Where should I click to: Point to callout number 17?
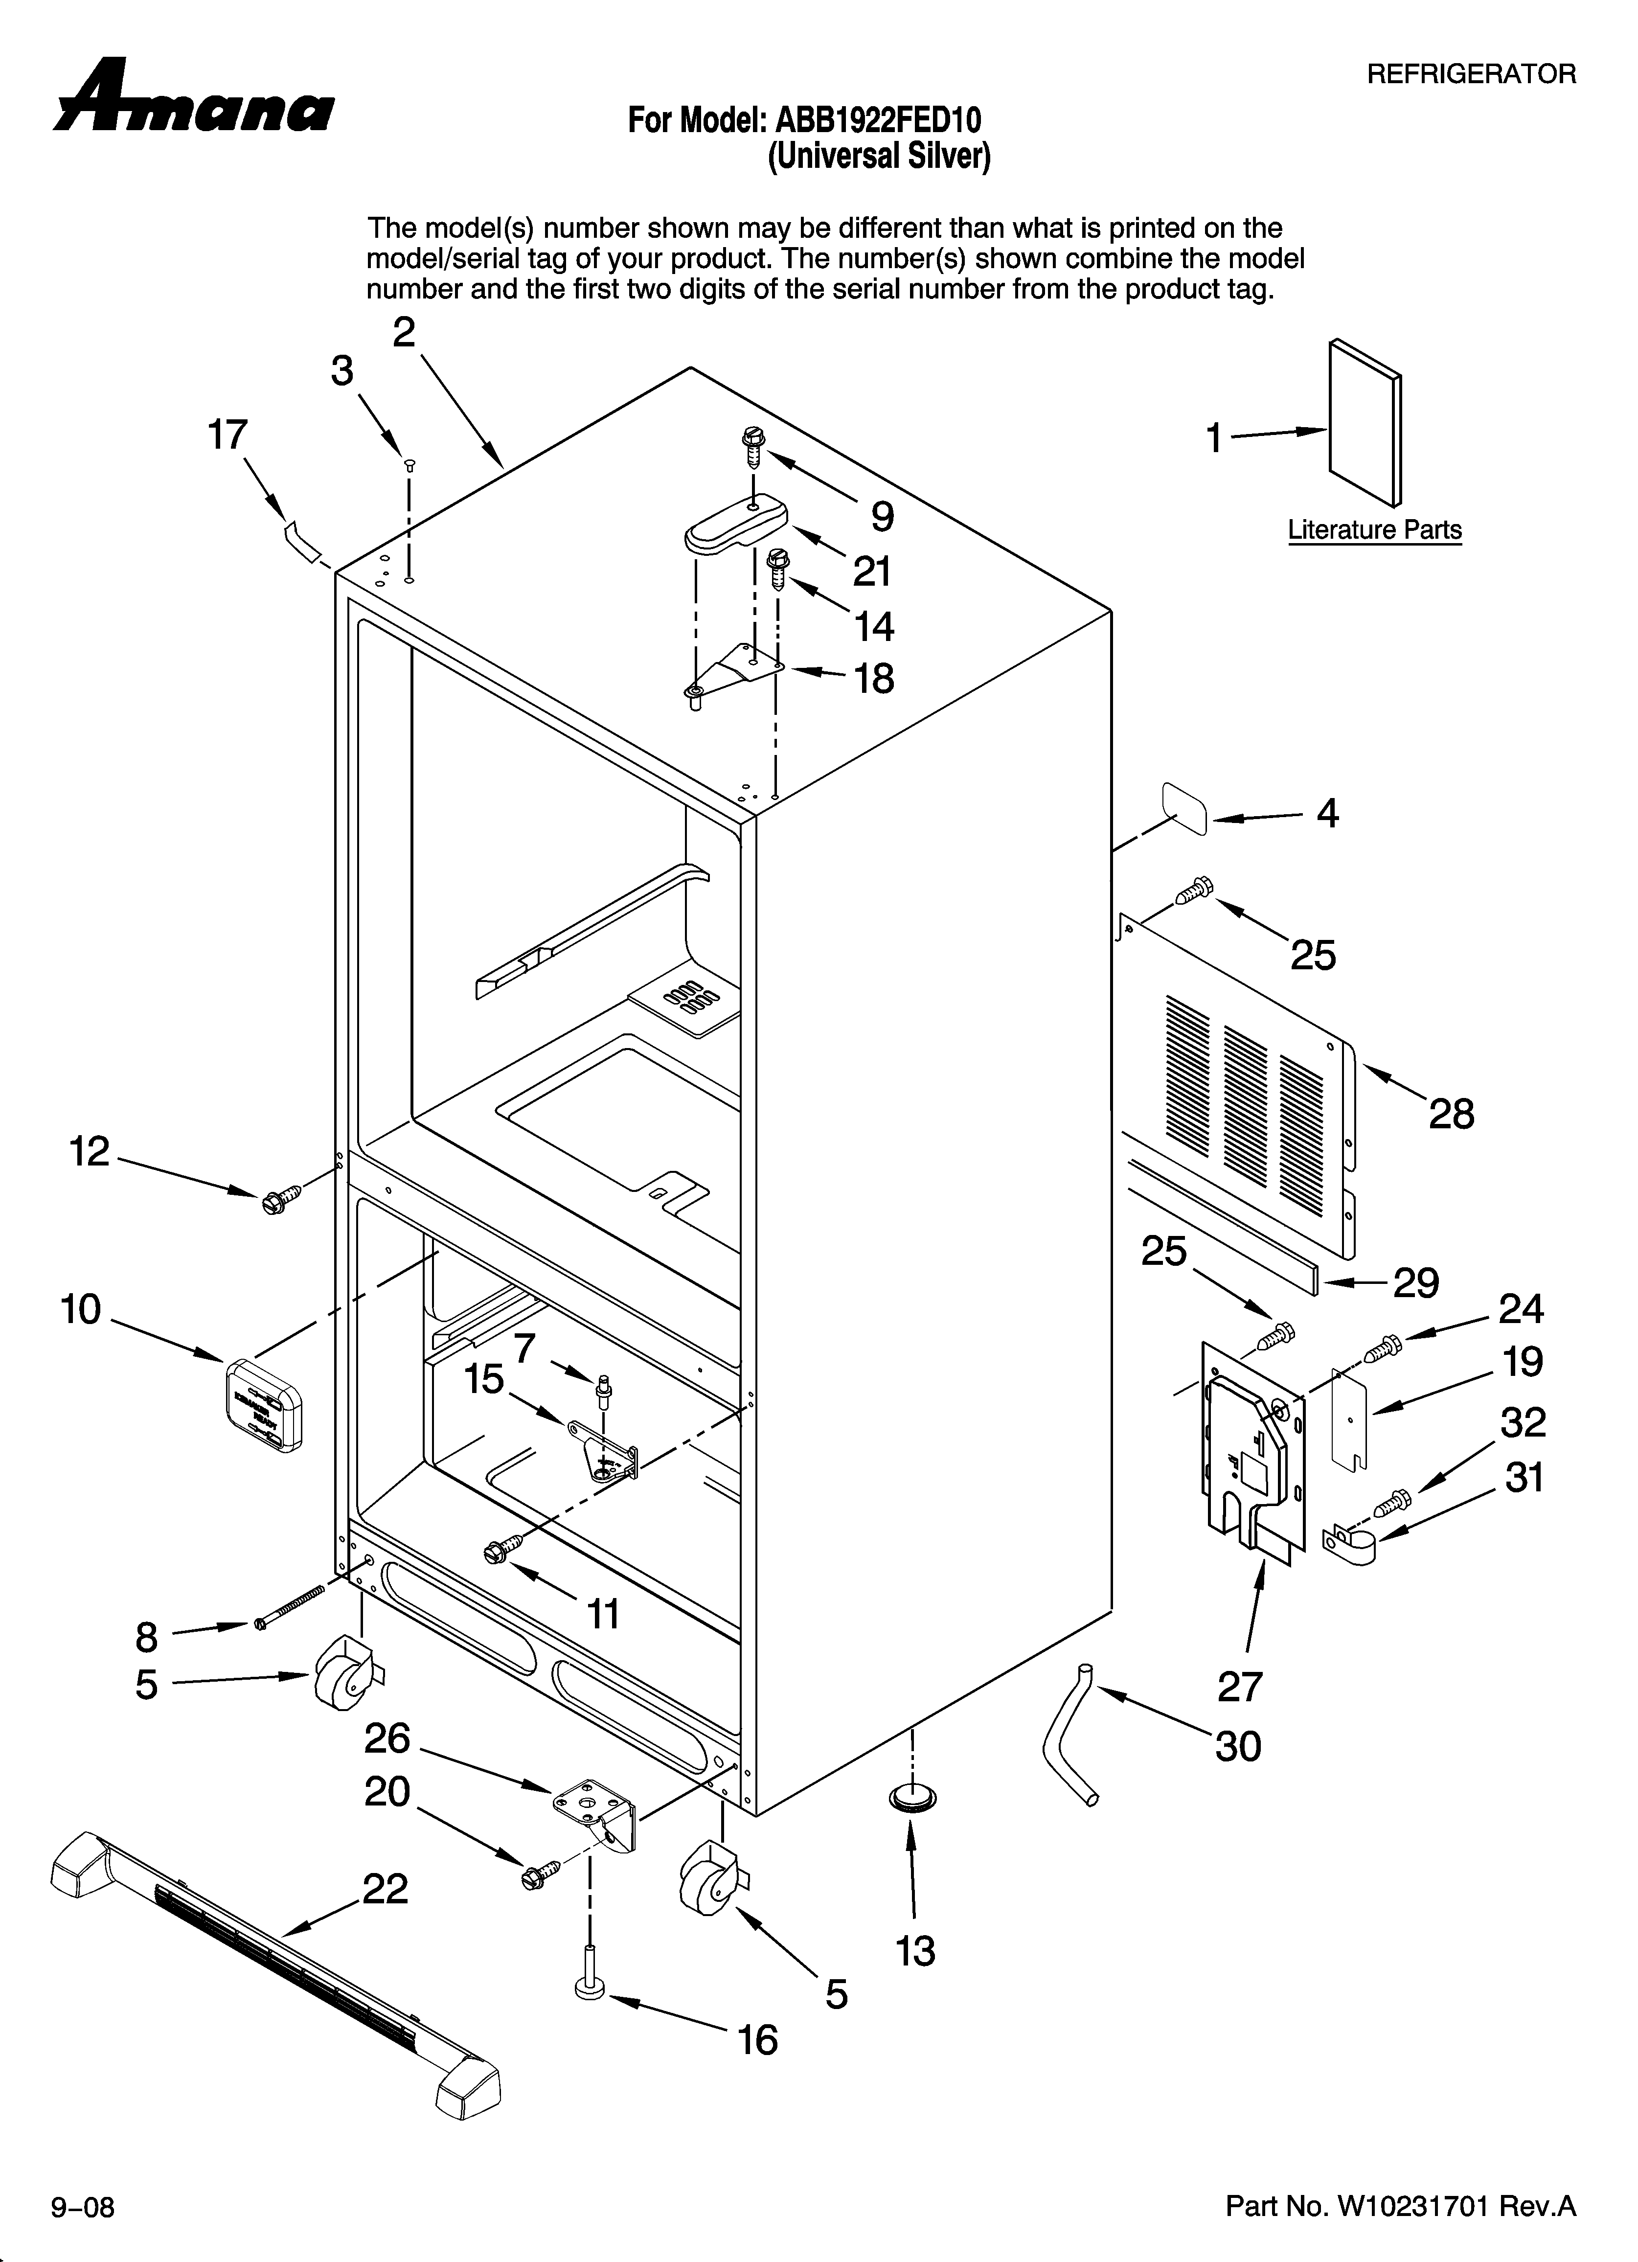point(227,436)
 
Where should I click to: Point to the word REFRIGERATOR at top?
point(1470,74)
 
